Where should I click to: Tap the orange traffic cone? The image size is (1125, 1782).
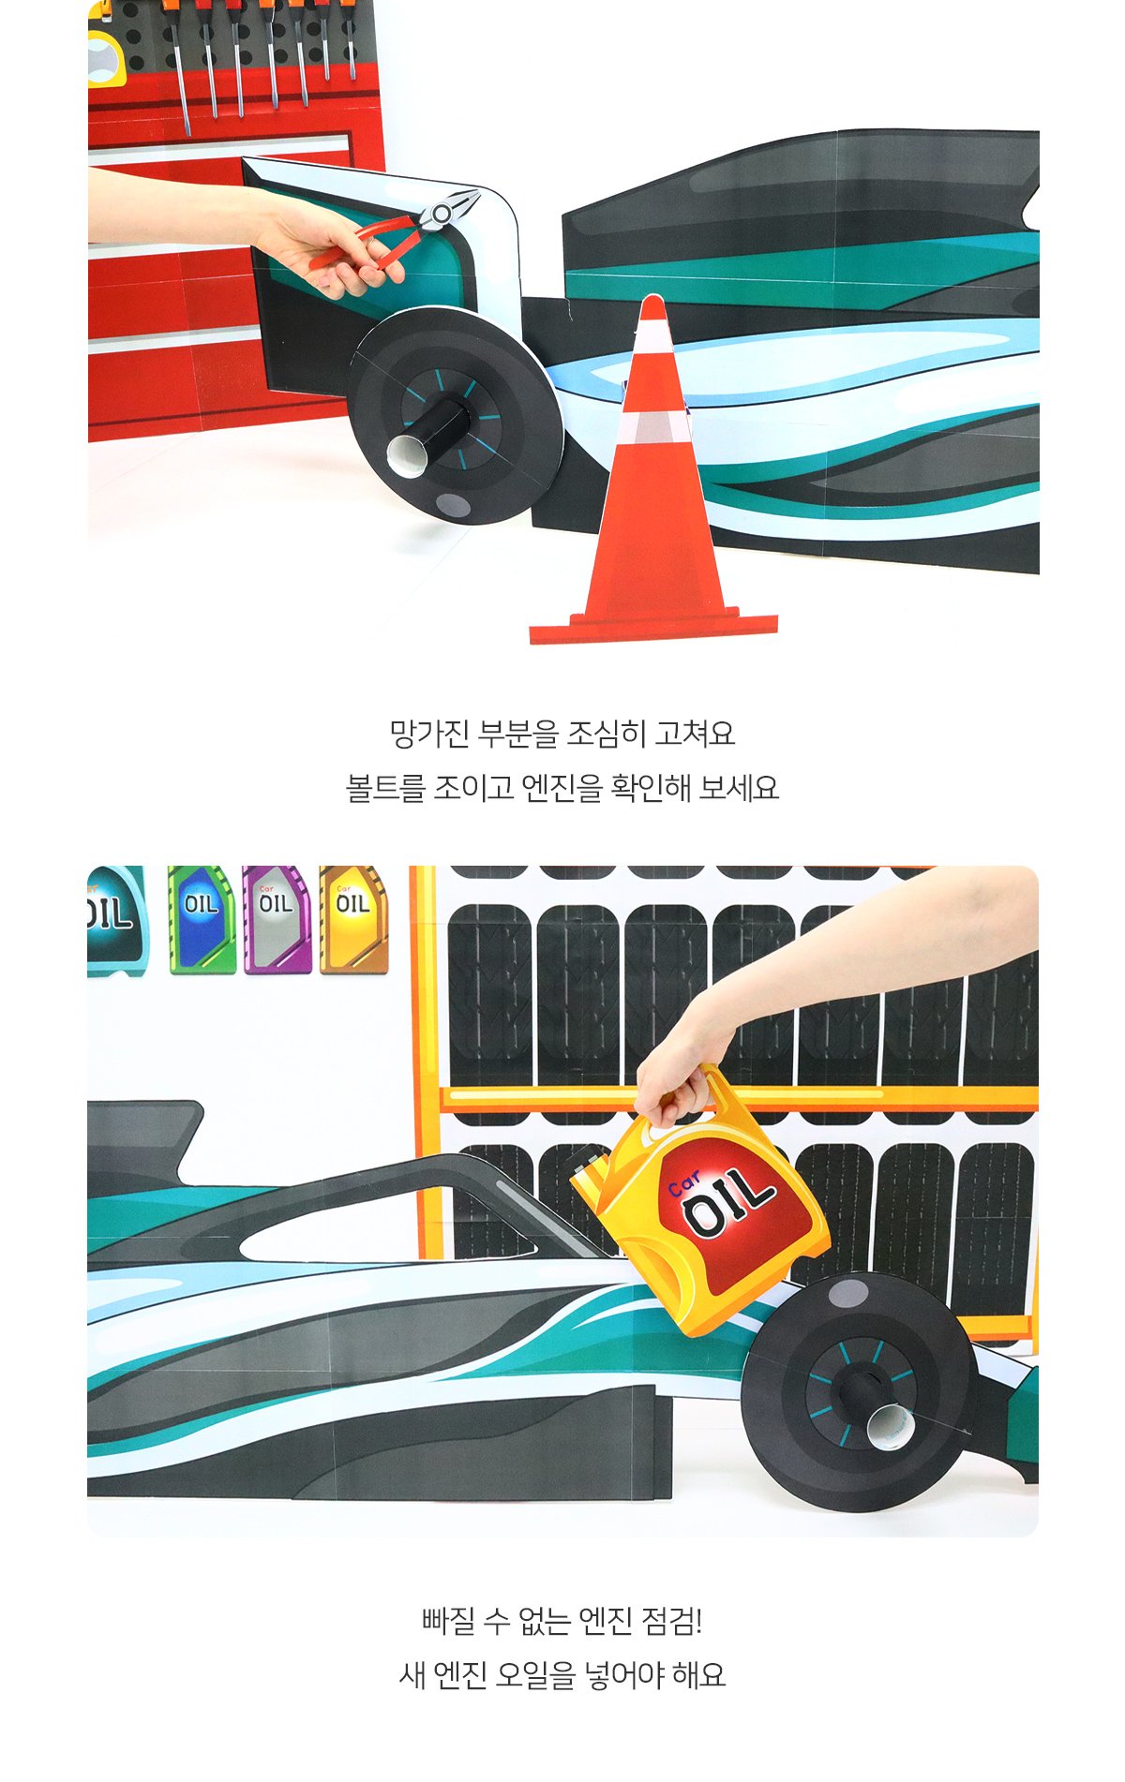(x=653, y=487)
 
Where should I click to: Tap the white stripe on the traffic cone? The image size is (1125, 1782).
(x=653, y=427)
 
